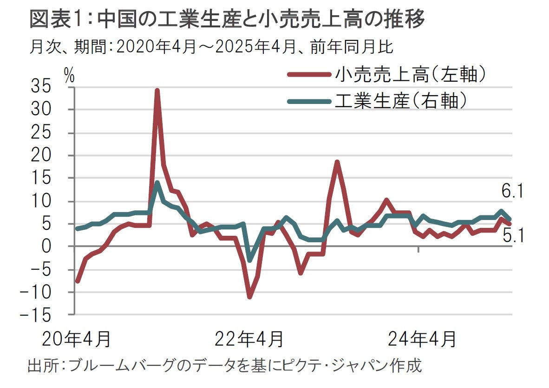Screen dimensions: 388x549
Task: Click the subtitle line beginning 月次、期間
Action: click(211, 46)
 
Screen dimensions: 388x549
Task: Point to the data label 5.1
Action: click(513, 238)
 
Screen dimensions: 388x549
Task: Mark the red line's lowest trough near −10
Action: click(249, 297)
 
